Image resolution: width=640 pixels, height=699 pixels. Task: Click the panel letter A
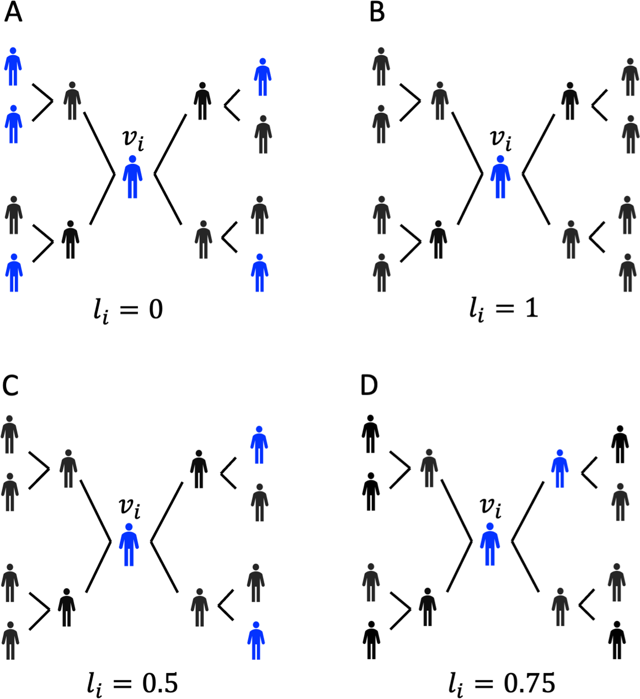[13, 13]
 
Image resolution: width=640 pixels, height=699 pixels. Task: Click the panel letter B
[377, 13]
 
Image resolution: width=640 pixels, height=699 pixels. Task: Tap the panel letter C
[11, 385]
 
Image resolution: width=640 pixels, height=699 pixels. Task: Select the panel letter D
[369, 385]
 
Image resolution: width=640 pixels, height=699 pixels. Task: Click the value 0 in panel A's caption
[156, 309]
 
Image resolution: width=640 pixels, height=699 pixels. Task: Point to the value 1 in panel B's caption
[531, 308]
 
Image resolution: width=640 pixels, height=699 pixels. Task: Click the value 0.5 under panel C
[160, 683]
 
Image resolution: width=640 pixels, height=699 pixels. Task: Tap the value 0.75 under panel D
[530, 683]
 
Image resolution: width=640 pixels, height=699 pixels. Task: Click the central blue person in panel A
[132, 177]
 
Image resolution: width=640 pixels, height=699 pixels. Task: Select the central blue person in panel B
[500, 177]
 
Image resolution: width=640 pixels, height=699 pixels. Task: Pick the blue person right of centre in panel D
[559, 468]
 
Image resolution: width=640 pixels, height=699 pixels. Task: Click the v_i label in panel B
[501, 139]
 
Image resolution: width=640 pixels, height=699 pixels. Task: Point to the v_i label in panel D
[491, 507]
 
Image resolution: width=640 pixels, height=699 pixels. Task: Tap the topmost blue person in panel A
[13, 66]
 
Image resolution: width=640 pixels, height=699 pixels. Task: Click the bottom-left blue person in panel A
[14, 273]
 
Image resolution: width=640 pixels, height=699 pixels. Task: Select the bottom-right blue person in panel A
[260, 273]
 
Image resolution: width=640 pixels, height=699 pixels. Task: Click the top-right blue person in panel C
[259, 445]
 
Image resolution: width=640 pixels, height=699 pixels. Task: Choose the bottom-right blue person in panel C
[256, 640]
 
